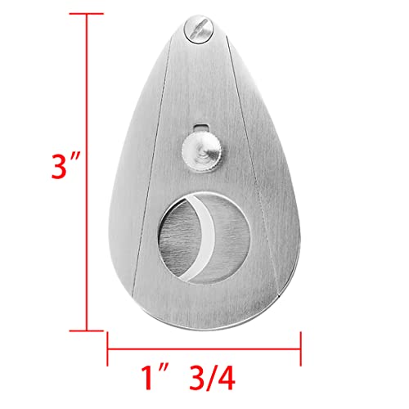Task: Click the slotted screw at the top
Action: pos(199,29)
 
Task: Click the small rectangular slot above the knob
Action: pos(201,128)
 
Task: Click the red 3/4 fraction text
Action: pos(212,378)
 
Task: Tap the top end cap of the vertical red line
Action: pos(87,13)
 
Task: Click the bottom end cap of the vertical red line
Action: pos(87,330)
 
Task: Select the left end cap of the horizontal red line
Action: pos(107,348)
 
